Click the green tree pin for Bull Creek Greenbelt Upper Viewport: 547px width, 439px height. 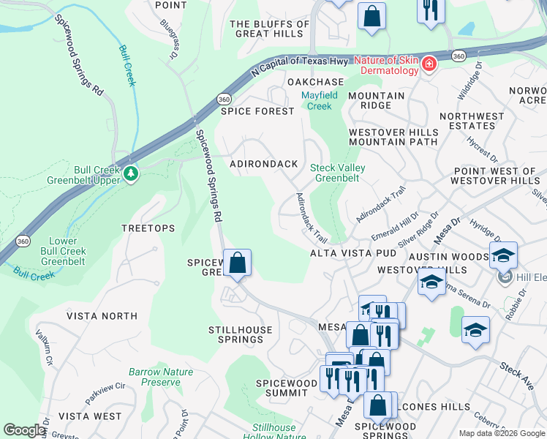pyautogui.click(x=130, y=173)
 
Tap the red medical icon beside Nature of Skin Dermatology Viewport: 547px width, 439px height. pyautogui.click(x=429, y=67)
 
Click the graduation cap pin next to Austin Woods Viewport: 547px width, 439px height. pyautogui.click(x=503, y=255)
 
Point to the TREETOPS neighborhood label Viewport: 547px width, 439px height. pyautogui.click(x=148, y=228)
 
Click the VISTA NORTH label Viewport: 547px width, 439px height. pyautogui.click(x=102, y=316)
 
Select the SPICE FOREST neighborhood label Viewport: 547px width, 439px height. pyautogui.click(x=257, y=111)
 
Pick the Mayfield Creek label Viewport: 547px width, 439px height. pyautogui.click(x=320, y=101)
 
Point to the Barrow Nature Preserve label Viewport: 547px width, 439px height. pyautogui.click(x=161, y=377)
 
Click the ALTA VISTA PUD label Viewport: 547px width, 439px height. pyautogui.click(x=353, y=253)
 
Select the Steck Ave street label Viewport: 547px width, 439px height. pyautogui.click(x=516, y=375)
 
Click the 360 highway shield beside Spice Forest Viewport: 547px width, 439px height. pyautogui.click(x=224, y=98)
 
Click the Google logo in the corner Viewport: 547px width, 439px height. pyautogui.click(x=23, y=430)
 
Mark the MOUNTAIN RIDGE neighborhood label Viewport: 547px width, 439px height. pyautogui.click(x=376, y=101)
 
